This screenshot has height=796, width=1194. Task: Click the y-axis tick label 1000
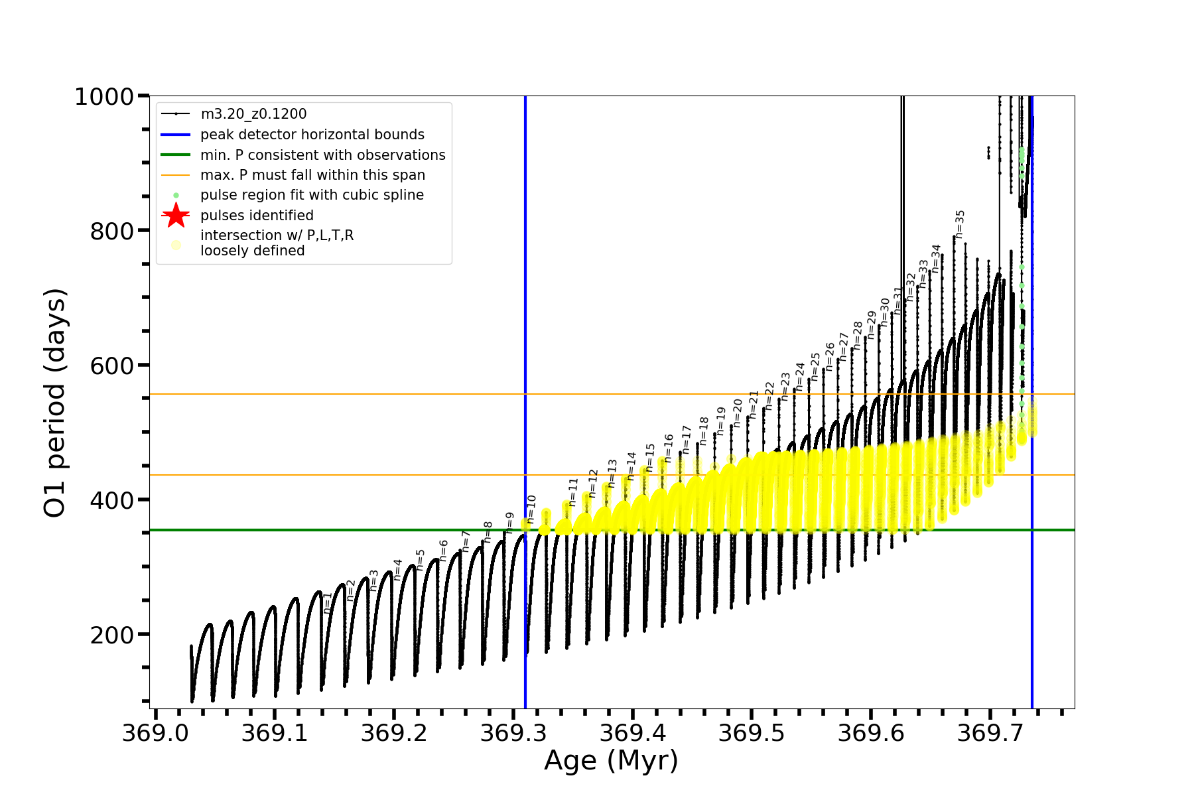point(104,97)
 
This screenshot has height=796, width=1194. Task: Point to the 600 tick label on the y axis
point(112,365)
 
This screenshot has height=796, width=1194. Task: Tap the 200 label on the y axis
point(112,635)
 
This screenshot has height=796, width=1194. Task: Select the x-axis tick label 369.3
point(513,733)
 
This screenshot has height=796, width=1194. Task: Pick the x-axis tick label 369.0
point(155,733)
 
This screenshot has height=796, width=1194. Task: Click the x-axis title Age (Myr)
point(611,760)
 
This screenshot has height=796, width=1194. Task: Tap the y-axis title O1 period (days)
point(54,403)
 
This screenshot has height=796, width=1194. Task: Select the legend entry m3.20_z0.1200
point(253,114)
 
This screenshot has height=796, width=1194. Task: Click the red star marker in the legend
point(176,215)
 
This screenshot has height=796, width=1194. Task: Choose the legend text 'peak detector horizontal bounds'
point(312,135)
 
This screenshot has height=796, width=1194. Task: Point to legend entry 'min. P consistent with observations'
point(322,155)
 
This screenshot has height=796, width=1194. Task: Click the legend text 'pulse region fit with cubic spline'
point(312,195)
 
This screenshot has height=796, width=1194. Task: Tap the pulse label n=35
point(960,224)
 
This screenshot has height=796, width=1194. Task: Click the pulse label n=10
point(531,509)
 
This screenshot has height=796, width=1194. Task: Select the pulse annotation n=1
point(328,602)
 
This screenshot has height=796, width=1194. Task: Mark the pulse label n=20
point(738,413)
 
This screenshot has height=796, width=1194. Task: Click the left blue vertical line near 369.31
point(525,298)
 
